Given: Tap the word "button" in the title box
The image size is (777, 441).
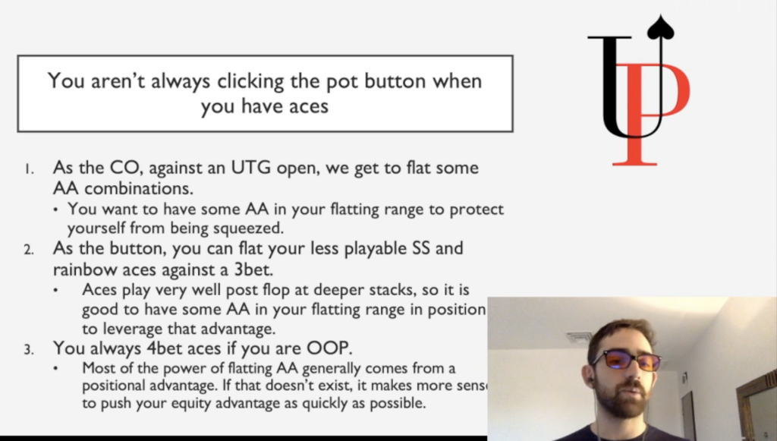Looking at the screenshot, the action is tap(395, 80).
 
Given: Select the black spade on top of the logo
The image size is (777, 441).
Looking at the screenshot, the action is tap(661, 27).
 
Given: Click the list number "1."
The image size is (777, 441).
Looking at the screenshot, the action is tap(30, 169).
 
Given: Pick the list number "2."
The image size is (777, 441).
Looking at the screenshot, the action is tap(30, 249).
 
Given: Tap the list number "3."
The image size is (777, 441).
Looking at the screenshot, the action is tap(30, 350).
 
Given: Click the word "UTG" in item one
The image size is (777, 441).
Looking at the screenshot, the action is tap(250, 168).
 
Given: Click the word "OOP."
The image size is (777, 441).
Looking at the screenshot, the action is tap(329, 348).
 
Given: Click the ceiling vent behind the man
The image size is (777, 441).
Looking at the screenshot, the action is tap(579, 338).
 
